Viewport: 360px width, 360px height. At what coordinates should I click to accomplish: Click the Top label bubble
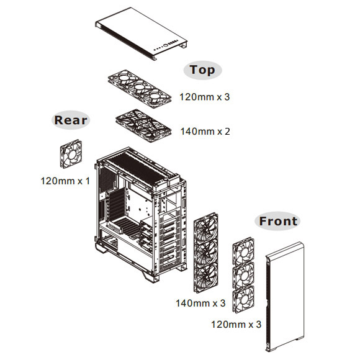pos(202,70)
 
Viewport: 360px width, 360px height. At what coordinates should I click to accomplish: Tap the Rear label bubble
pos(71,120)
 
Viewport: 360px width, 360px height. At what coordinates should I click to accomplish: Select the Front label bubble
pos(277,222)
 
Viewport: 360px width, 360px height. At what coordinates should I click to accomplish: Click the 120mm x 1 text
pos(65,181)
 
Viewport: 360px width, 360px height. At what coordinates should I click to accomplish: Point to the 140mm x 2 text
pos(205,132)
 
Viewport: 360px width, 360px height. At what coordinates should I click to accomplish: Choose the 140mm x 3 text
pos(200,304)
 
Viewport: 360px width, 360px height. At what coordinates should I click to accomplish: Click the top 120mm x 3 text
pos(205,97)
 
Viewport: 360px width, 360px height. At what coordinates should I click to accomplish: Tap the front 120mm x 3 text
pos(236,325)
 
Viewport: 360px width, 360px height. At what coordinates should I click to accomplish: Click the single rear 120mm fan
pos(71,154)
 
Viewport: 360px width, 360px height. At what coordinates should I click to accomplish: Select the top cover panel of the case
pos(141,34)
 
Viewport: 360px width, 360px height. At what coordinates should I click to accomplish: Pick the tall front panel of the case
pos(285,297)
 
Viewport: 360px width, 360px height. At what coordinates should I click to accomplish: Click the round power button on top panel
pos(166,45)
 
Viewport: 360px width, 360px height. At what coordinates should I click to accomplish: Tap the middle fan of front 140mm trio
pos(206,253)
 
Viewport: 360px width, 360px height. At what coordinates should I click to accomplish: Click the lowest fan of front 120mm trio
pos(243,299)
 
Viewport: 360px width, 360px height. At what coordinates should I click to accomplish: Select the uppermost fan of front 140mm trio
pos(206,227)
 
